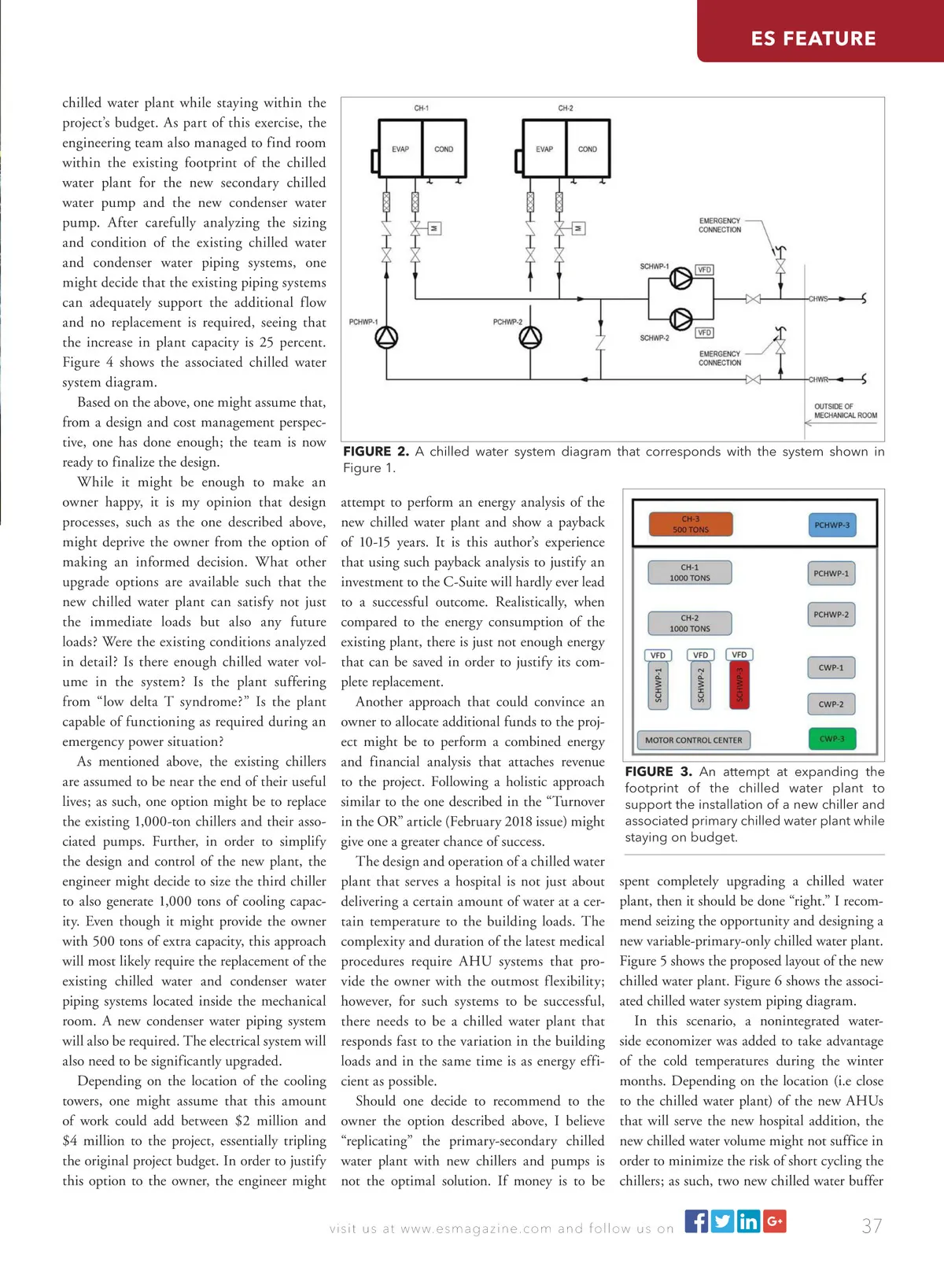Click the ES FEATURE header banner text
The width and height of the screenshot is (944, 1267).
pyautogui.click(x=813, y=39)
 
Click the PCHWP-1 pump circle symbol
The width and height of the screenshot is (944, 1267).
pyautogui.click(x=386, y=338)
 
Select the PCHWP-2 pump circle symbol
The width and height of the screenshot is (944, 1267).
pyautogui.click(x=531, y=338)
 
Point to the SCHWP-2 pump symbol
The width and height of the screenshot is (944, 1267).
pyautogui.click(x=680, y=319)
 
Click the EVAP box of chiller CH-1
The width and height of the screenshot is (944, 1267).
pyautogui.click(x=400, y=149)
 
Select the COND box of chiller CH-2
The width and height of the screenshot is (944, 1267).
pyautogui.click(x=588, y=149)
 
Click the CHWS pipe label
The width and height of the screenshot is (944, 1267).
pyautogui.click(x=818, y=299)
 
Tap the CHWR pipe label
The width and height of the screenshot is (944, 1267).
pyautogui.click(x=818, y=379)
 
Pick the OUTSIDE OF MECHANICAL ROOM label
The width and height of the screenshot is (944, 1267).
pyautogui.click(x=845, y=411)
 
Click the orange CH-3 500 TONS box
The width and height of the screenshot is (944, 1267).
pyautogui.click(x=691, y=524)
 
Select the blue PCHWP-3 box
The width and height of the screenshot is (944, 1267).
pyautogui.click(x=832, y=525)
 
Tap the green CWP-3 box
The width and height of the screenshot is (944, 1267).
pyautogui.click(x=832, y=739)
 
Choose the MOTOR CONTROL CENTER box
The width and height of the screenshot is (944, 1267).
pyautogui.click(x=693, y=740)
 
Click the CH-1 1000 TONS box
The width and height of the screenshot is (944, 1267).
pyautogui.click(x=690, y=572)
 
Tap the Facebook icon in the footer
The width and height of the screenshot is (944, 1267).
pyautogui.click(x=696, y=1221)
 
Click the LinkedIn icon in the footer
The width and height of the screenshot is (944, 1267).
pyautogui.click(x=748, y=1221)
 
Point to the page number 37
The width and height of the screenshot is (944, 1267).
pyautogui.click(x=872, y=1226)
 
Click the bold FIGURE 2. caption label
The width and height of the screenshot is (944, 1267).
pyautogui.click(x=375, y=452)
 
